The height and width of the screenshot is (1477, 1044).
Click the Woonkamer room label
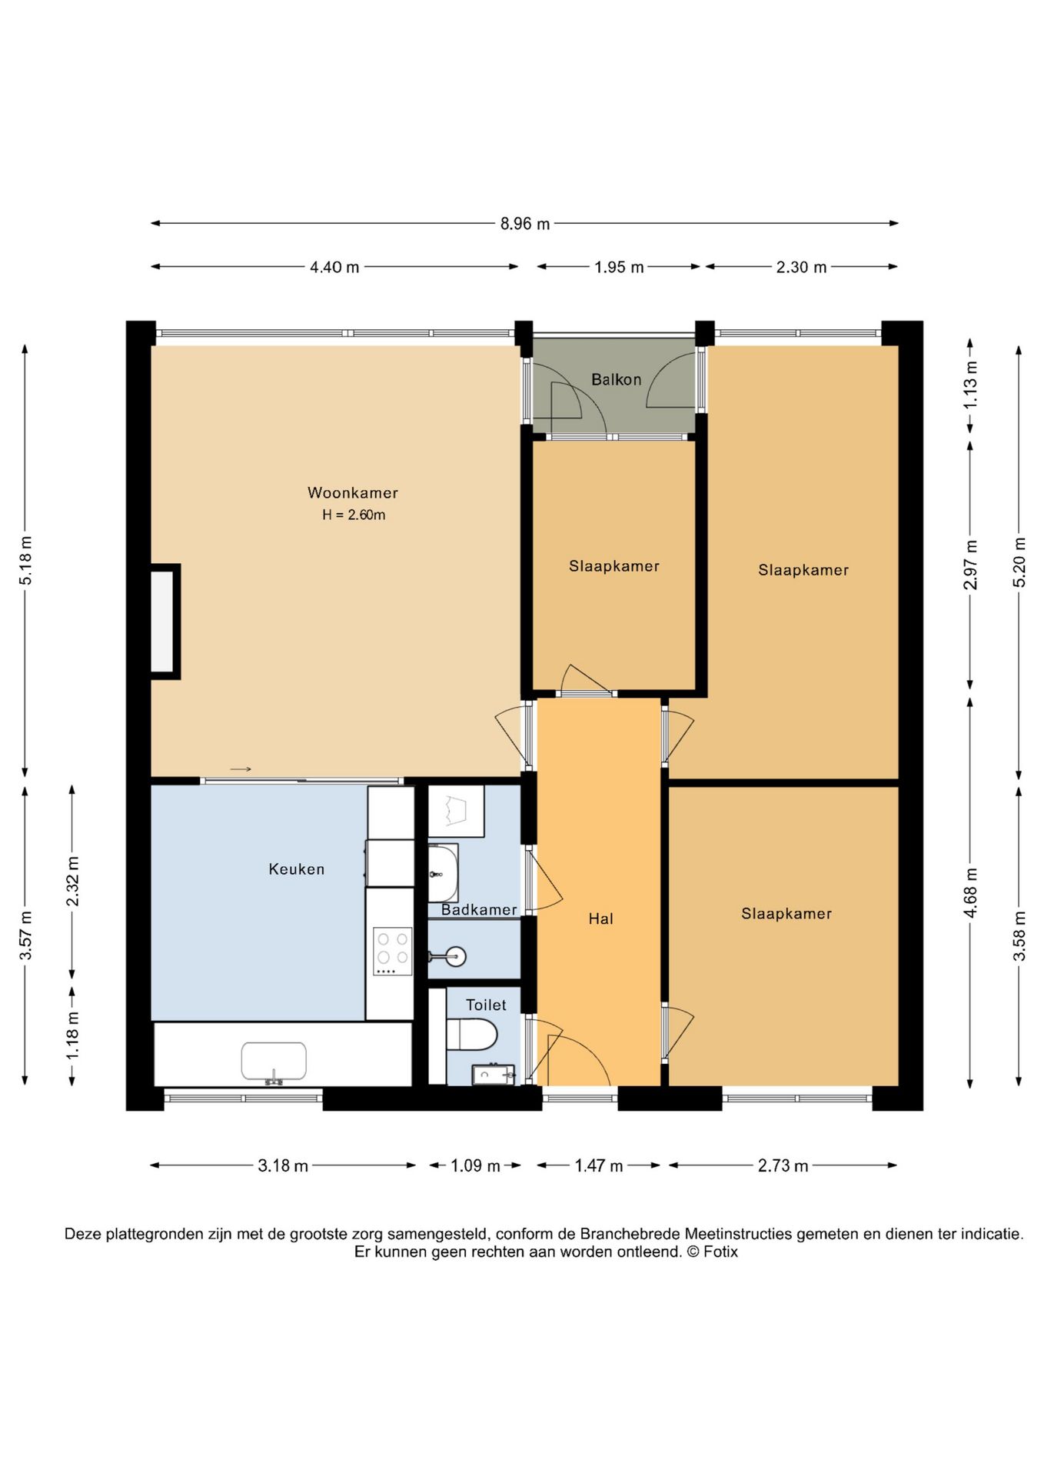(353, 492)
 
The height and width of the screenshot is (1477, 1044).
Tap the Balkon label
(616, 379)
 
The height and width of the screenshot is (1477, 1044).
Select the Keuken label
(297, 869)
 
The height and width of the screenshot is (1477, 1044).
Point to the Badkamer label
(479, 910)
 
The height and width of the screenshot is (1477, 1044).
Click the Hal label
(600, 919)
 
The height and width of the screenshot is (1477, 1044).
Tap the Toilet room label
(486, 1005)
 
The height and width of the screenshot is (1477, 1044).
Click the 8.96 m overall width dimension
(525, 224)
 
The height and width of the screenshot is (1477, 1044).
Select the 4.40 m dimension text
(334, 267)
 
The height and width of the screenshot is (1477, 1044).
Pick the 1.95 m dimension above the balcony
(619, 267)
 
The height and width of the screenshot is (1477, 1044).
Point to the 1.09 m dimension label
(475, 1165)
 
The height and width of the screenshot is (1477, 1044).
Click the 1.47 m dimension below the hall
(599, 1165)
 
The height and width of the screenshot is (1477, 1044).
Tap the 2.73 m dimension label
(783, 1165)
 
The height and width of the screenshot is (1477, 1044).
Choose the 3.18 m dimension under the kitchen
(283, 1165)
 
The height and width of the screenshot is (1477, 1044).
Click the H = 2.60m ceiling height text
(354, 515)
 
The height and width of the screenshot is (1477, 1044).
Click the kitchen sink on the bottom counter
(274, 1062)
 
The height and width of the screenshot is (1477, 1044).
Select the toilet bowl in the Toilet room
(472, 1035)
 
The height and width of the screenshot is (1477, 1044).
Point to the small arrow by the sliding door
(241, 769)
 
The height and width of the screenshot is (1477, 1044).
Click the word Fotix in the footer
(720, 1252)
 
